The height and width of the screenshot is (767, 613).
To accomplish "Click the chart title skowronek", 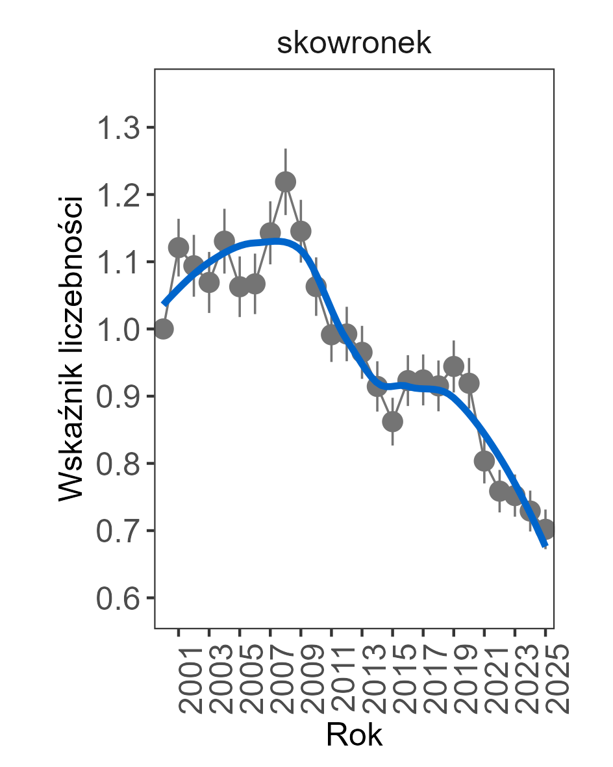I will [354, 44].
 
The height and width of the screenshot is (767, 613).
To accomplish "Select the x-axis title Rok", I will [354, 735].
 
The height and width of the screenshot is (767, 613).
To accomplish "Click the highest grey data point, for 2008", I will [285, 181].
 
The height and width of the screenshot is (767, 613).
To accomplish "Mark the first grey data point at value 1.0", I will [163, 329].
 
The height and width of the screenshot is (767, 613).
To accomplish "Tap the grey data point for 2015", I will [392, 421].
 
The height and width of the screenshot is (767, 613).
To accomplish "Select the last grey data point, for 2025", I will [545, 529].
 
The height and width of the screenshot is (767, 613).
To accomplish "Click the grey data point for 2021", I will [484, 461].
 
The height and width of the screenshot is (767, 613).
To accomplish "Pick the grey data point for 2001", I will [179, 247].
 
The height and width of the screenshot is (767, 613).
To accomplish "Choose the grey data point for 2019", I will [454, 366].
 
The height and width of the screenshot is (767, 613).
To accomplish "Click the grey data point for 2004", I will [224, 242].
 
